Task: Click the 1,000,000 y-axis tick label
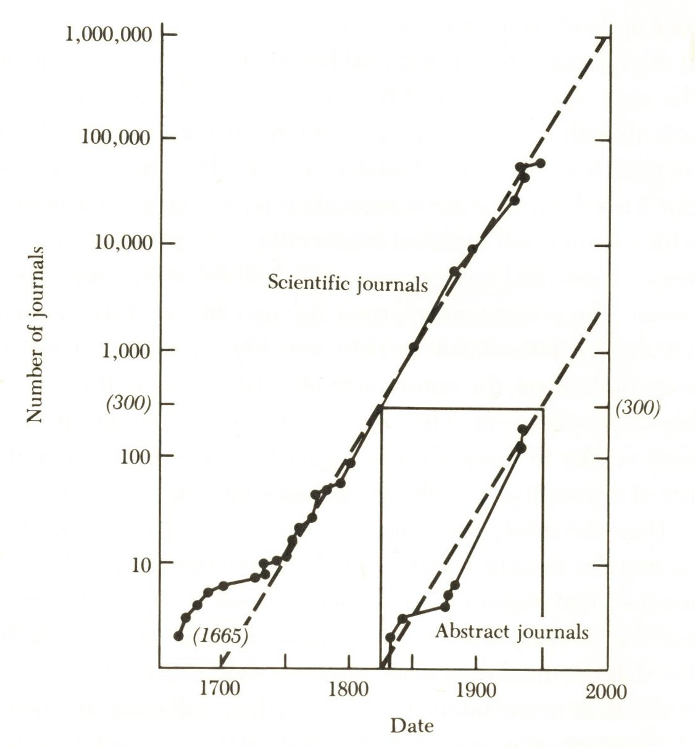click(x=108, y=34)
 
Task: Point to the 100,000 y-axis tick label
click(x=115, y=137)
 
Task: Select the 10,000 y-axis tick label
click(x=123, y=243)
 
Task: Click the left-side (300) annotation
click(x=129, y=404)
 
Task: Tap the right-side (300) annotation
click(x=638, y=408)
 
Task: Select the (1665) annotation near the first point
click(x=220, y=636)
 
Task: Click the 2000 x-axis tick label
click(x=606, y=690)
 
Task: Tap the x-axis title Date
click(x=412, y=725)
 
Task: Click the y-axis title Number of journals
click(x=35, y=334)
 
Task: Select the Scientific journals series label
click(x=347, y=283)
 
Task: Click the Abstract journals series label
click(x=512, y=632)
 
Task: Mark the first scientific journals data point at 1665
click(x=179, y=636)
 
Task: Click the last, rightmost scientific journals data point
click(x=541, y=163)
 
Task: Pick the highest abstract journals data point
click(x=523, y=429)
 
